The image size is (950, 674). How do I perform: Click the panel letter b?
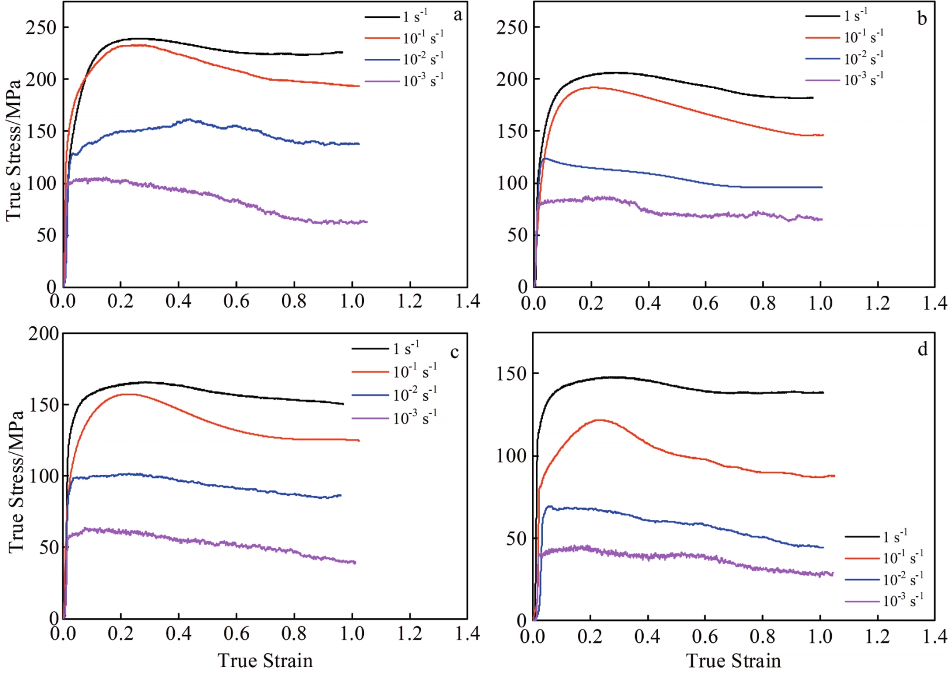coord(922,19)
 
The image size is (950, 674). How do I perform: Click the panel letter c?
coord(455,352)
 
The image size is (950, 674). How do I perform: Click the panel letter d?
coord(922,349)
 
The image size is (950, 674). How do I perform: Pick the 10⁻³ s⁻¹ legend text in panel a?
coord(423,80)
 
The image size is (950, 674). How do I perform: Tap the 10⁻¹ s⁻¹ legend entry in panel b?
coord(863,37)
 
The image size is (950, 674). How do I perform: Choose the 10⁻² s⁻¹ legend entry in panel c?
coord(415,395)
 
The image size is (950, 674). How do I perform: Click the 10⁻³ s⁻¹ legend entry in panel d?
coord(903,601)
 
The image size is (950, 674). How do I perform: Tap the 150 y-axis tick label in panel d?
coord(511,374)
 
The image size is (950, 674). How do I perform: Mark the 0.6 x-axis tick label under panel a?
coord(236,301)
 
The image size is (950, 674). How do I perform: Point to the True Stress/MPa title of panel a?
coord(14,150)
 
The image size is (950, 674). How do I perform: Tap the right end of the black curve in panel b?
coord(813,98)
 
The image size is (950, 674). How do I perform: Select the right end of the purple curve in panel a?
coord(367,222)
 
